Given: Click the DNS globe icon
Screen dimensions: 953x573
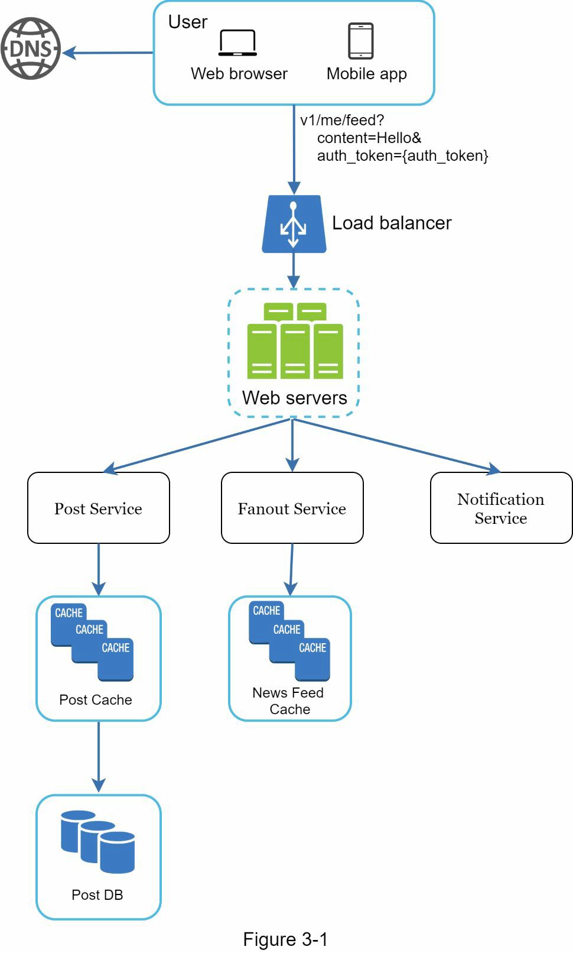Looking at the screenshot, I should point(31,48).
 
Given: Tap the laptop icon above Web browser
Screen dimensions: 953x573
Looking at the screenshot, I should point(237,43).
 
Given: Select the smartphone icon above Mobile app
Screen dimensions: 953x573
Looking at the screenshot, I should point(360,41).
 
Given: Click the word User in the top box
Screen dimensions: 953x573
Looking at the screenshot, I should point(187,22).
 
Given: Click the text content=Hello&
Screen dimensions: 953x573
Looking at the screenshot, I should point(369,138).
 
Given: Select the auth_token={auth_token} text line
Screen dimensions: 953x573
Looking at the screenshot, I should point(402,156).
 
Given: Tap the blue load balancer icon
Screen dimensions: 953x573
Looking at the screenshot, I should point(294,225).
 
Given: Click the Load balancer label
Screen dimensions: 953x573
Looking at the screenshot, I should point(392,223).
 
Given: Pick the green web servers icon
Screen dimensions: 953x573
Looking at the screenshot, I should point(294,342).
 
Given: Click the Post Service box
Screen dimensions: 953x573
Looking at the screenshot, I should point(99,508).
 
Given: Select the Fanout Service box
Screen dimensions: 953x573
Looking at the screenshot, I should point(292,508).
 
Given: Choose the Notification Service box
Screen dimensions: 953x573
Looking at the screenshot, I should point(501,508).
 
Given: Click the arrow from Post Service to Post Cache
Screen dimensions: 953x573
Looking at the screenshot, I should point(99,569).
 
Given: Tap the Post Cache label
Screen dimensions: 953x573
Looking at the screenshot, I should point(96,700).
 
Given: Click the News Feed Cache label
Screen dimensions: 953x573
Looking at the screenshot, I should point(288,701).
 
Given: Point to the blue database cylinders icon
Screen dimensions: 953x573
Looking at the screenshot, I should point(98,842).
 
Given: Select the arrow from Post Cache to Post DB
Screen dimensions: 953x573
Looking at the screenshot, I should point(99,757).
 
